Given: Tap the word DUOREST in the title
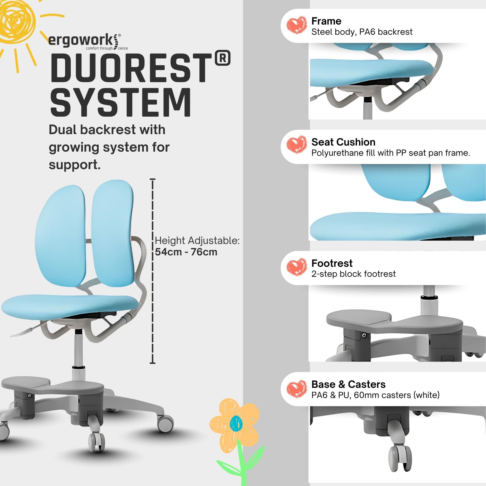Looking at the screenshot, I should coord(131,69).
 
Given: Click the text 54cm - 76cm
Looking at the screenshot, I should coord(186,252).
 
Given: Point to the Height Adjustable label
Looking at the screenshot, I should coord(197,241).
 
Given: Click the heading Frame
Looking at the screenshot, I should coord(326,21).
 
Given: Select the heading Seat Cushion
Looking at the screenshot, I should coord(343,142).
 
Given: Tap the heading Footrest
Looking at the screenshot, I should coord(332,263).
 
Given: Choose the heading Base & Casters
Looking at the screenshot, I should coord(348,384).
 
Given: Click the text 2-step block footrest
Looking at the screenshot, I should coord(353,274).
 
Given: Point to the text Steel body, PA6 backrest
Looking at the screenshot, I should coord(362,32).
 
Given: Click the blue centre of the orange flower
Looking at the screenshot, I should coord(236,423).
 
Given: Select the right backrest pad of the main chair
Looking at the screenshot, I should coord(112,234).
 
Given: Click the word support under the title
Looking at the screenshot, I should coord(74,165).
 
